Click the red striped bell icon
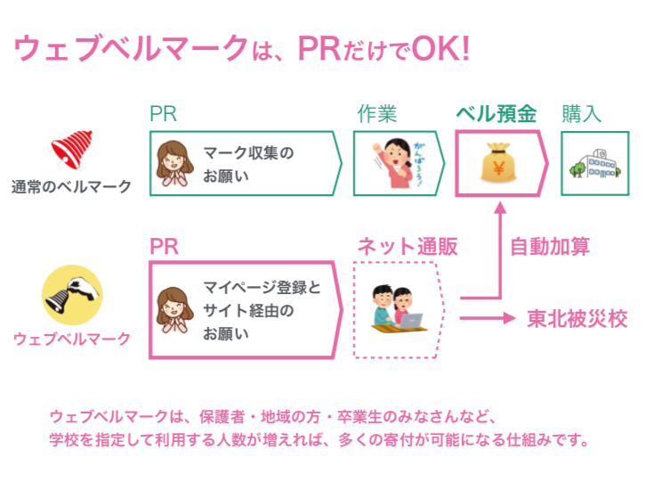(71, 149)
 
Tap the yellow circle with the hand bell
(72, 295)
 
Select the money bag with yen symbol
(498, 163)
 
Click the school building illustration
(595, 164)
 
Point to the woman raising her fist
(395, 163)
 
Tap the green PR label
(164, 113)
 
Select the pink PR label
(165, 247)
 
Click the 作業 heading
(376, 113)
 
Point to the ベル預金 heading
(497, 113)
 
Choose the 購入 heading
(581, 113)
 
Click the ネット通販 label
(408, 247)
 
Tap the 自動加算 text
(550, 247)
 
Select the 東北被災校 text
(578, 319)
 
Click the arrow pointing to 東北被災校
(488, 318)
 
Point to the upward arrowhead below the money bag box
(500, 208)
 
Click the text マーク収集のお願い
(248, 164)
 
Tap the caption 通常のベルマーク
(71, 187)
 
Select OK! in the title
(441, 48)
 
